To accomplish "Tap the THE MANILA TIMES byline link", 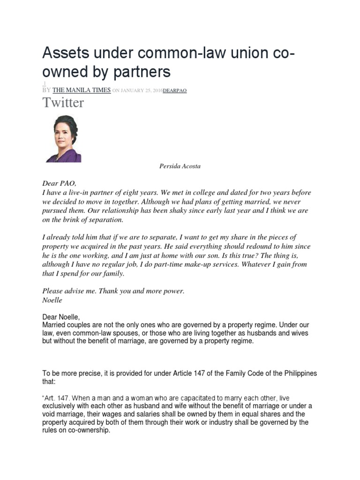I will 82,90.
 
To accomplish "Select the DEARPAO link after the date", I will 174,91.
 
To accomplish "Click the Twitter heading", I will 63,103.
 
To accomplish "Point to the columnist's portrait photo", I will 63,139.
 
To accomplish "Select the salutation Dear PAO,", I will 59,183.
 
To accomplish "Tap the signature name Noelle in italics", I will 52,300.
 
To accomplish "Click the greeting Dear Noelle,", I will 61,317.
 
